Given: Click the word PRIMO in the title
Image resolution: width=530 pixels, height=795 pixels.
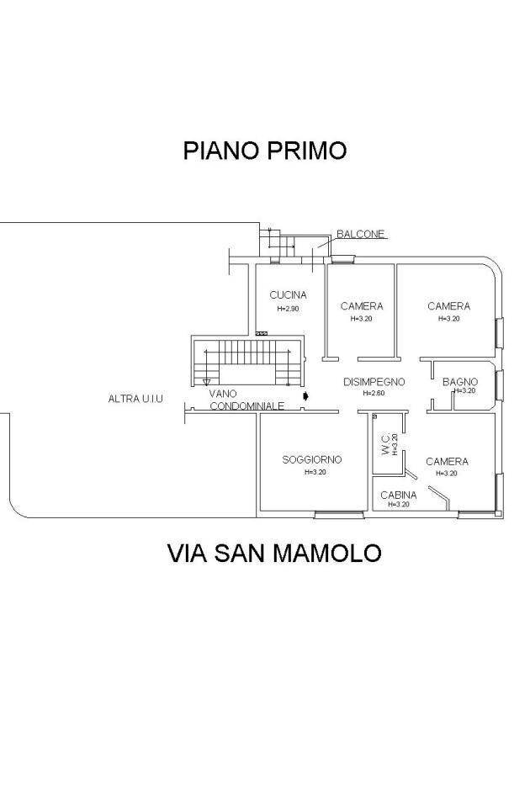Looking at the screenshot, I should tap(307, 151).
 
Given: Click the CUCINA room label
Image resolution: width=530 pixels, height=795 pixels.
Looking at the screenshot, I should tap(288, 295).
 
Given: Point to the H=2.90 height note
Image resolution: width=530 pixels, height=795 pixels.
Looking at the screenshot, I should tap(288, 309).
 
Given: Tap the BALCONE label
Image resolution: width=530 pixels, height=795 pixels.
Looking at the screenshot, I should tap(360, 234).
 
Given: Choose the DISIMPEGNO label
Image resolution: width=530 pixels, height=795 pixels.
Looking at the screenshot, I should tap(374, 382).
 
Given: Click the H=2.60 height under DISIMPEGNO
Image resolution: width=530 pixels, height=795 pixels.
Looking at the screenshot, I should tap(373, 393).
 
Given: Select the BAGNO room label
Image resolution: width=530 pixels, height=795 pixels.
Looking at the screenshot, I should tap(460, 382).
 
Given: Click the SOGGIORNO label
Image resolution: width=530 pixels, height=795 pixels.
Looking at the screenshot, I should tap(311, 459).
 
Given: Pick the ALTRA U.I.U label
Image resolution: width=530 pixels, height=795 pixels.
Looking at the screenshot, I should tap(135, 399).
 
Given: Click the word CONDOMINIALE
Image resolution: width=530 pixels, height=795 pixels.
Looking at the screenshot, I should tap(246, 405).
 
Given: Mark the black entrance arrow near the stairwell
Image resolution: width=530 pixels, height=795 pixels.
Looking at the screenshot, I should tap(305, 394).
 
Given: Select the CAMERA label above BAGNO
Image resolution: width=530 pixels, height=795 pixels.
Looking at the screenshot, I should tap(448, 306).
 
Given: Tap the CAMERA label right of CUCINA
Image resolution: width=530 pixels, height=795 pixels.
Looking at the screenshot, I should tap(361, 306).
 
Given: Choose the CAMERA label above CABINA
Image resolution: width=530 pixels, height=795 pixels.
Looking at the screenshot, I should tap(447, 462).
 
